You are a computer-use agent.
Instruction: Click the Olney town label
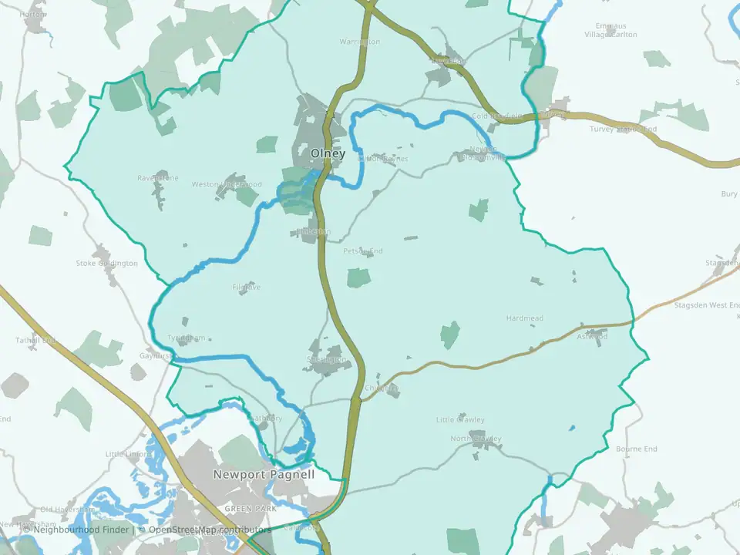coord(328,153)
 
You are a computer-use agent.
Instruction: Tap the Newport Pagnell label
coord(264,475)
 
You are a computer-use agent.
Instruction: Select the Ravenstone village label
coord(158,178)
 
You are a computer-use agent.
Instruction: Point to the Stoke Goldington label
coord(106,264)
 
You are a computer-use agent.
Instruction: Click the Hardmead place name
coord(525,318)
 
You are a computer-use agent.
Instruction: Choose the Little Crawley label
coord(460,420)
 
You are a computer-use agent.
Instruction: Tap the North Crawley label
coord(476,439)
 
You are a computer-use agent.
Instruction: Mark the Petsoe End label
coord(363,251)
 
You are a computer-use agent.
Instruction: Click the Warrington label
coord(360,42)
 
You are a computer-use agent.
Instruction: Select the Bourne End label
coord(637,449)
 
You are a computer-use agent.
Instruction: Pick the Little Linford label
coord(127,455)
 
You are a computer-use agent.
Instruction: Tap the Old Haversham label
coord(66,510)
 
